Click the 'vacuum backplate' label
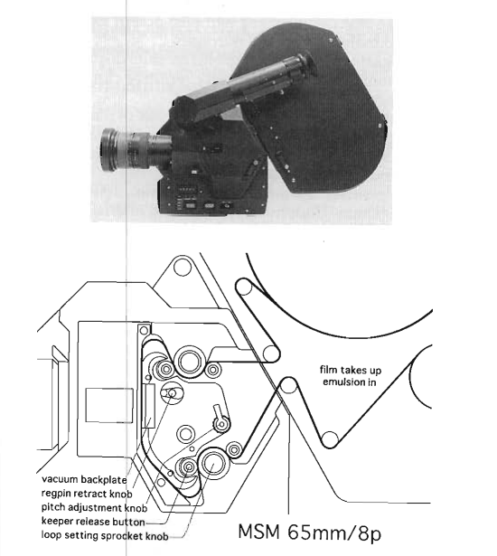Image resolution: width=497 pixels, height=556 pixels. coord(84,479)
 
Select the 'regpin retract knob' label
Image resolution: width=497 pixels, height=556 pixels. coord(87,494)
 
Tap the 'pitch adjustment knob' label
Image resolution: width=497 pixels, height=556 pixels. coord(94,507)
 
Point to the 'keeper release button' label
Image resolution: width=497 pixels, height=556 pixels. coord(93,522)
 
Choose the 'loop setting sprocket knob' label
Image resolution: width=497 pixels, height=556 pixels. coord(105,535)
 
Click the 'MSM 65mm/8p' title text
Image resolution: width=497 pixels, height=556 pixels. coord(309,532)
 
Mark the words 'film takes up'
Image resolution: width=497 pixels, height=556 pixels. coord(351,370)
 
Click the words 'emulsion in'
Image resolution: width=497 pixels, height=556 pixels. coord(349,382)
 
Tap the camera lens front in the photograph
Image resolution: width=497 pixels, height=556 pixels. coord(108,149)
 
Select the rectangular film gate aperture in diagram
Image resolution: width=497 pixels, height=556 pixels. coord(109,405)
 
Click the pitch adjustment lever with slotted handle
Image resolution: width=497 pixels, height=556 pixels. coord(220,419)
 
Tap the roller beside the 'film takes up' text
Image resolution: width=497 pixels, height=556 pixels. coord(289,386)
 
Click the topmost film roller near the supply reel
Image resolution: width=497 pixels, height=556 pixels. coord(244,287)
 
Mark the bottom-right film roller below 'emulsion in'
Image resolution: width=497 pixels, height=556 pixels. coord(330,439)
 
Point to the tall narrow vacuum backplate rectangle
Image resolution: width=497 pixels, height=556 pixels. coord(149,406)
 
